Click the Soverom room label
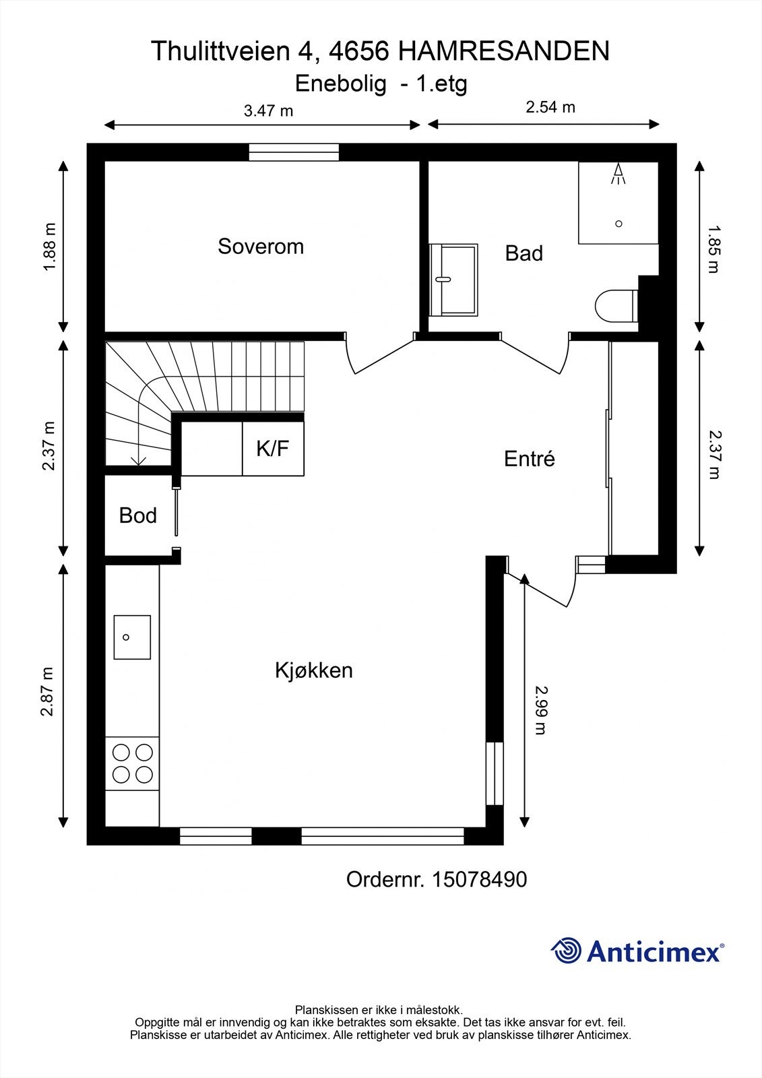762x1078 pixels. click(x=260, y=247)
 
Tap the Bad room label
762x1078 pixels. click(x=523, y=253)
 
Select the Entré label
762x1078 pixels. click(x=529, y=459)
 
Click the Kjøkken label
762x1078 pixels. click(x=313, y=670)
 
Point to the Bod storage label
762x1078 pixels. click(x=137, y=515)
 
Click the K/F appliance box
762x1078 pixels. click(x=273, y=449)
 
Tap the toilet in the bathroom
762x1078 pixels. click(x=616, y=307)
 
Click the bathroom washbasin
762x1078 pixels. click(x=453, y=279)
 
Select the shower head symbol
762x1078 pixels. click(x=618, y=174)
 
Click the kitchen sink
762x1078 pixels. click(x=131, y=637)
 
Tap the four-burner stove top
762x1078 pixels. click(x=132, y=763)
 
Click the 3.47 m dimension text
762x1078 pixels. click(x=268, y=111)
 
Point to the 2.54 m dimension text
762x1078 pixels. click(x=550, y=107)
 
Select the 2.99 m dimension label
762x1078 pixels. click(x=540, y=709)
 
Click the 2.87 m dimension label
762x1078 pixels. click(x=47, y=692)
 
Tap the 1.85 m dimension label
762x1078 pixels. click(x=713, y=249)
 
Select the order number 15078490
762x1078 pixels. click(x=478, y=879)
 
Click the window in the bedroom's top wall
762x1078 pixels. click(x=294, y=154)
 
